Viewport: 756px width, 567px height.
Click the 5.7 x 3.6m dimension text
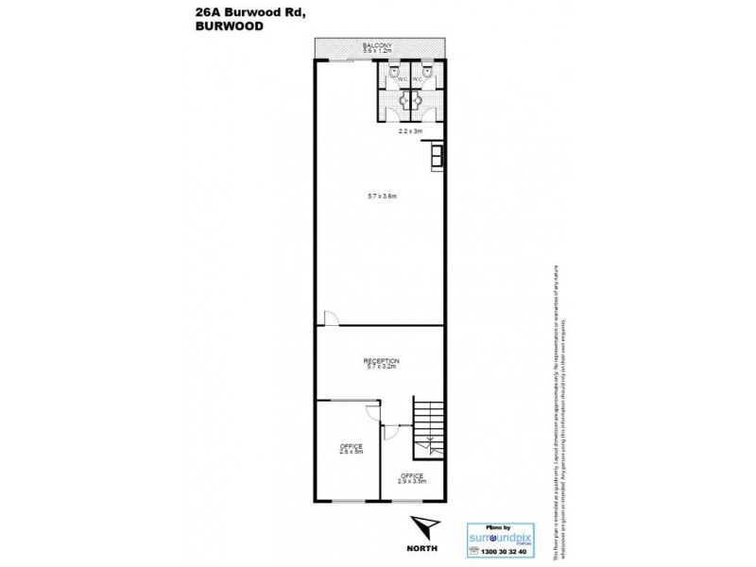coord(381,197)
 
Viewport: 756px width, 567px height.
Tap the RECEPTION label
coord(381,360)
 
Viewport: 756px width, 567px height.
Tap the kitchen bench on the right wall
coord(436,155)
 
